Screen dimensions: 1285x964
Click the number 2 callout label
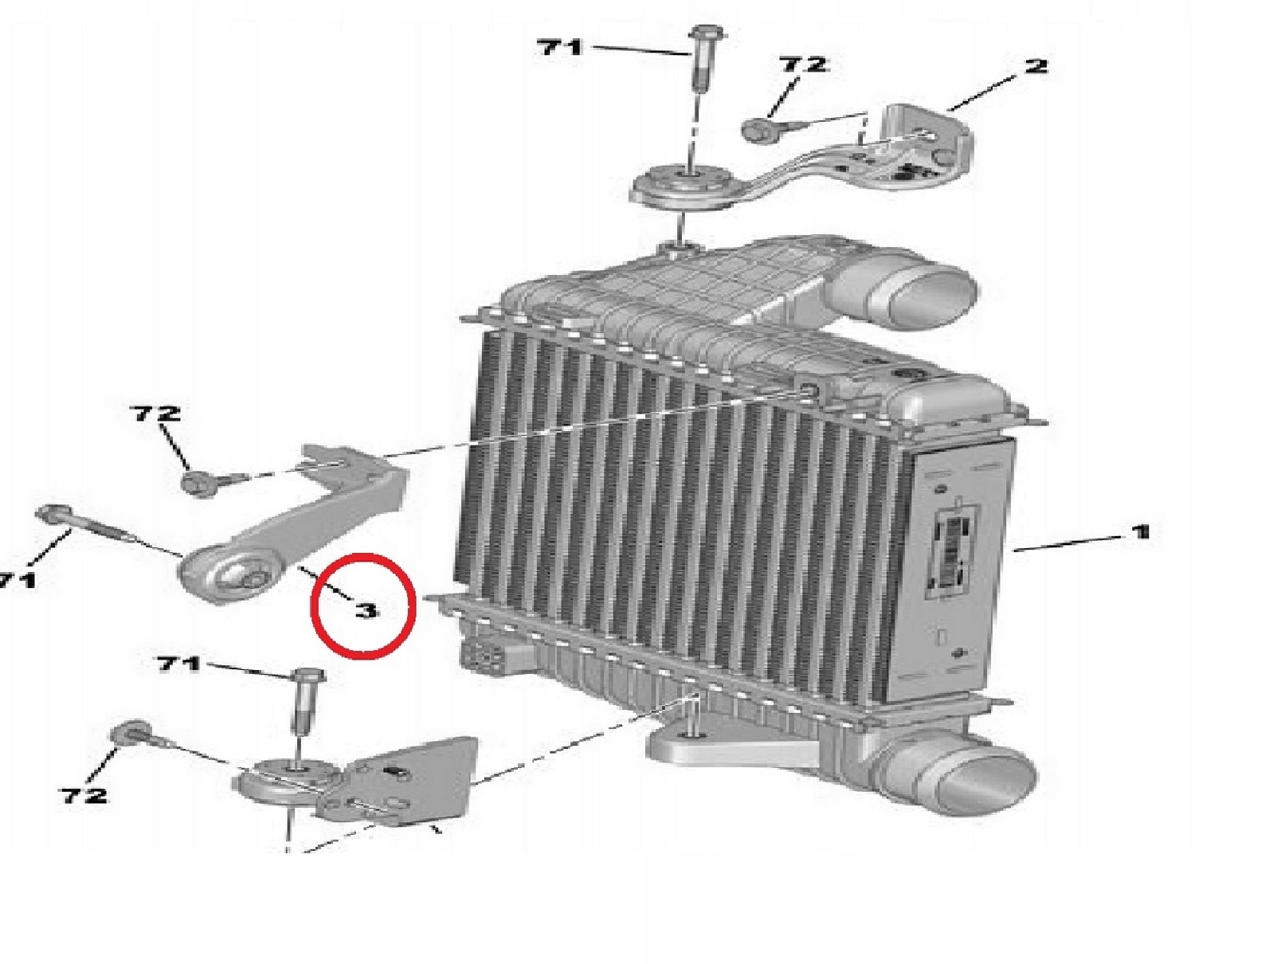(x=1034, y=65)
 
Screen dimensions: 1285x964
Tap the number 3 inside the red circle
(x=366, y=611)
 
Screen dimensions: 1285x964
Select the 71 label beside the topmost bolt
(x=560, y=47)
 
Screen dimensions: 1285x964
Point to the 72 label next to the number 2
(x=802, y=64)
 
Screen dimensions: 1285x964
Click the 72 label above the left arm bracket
(x=158, y=413)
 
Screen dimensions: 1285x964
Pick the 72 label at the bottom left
(x=83, y=795)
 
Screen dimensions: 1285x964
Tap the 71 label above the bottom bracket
(x=178, y=664)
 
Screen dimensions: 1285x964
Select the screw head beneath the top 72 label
(x=758, y=129)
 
